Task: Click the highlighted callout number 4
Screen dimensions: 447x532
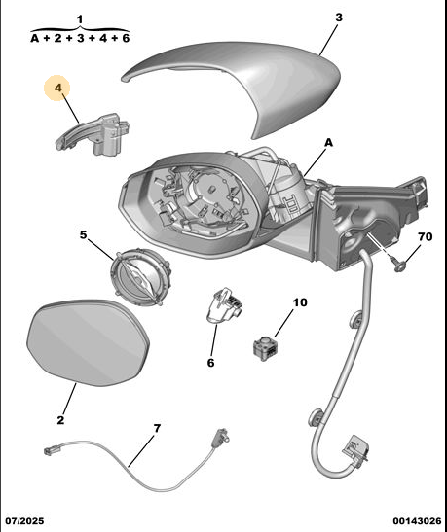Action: pyautogui.click(x=58, y=88)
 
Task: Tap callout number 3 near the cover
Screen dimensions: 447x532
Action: pyautogui.click(x=339, y=18)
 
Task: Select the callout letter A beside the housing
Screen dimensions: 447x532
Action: pyautogui.click(x=328, y=143)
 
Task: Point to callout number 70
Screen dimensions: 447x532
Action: pyautogui.click(x=425, y=236)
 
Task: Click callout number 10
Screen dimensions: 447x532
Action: pyautogui.click(x=299, y=302)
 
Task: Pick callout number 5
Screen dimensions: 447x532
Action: pyautogui.click(x=84, y=234)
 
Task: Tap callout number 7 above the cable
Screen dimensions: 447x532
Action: pyautogui.click(x=157, y=428)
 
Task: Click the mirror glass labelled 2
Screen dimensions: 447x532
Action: pyautogui.click(x=88, y=342)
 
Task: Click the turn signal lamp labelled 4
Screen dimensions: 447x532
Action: pyautogui.click(x=93, y=134)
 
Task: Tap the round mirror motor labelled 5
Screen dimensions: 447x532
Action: pyautogui.click(x=140, y=276)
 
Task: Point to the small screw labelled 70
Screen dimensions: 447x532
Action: pyautogui.click(x=398, y=265)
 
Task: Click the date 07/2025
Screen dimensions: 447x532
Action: pyautogui.click(x=24, y=520)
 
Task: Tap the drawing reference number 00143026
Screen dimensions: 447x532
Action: pyautogui.click(x=418, y=520)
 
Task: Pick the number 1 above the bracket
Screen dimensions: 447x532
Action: pyautogui.click(x=80, y=19)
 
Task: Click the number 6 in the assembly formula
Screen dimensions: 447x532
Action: pyautogui.click(x=126, y=38)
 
